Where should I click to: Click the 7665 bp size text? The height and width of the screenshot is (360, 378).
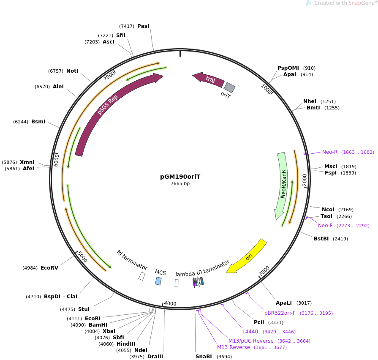(180, 184)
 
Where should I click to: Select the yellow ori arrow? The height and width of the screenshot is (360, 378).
(247, 256)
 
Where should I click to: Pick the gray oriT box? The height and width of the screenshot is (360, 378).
(229, 87)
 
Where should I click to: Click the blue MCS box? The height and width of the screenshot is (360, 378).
(158, 281)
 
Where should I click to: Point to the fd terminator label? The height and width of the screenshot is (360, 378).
(132, 260)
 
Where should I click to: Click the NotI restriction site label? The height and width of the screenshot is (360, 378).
(72, 71)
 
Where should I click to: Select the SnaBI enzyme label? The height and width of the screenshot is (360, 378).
(204, 357)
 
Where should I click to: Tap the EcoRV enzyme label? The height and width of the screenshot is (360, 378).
(49, 268)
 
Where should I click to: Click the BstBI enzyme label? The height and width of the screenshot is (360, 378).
(321, 239)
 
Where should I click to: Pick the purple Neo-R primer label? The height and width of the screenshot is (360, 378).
(330, 152)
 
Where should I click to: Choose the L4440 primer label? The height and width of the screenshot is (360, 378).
(250, 332)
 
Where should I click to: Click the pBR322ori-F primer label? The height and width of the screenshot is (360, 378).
(280, 313)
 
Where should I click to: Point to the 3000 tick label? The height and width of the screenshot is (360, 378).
(264, 271)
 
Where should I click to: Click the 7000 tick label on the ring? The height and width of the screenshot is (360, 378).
(109, 76)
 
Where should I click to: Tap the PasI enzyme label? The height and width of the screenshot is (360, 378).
(143, 26)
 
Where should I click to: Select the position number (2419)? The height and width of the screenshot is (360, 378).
(340, 239)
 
